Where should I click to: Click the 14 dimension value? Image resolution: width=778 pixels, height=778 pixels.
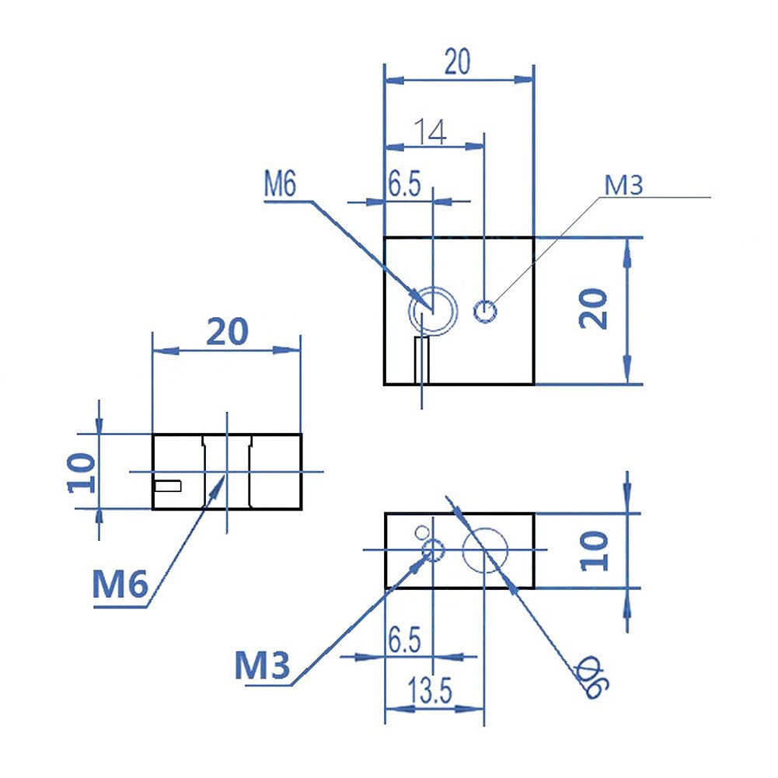click(430, 132)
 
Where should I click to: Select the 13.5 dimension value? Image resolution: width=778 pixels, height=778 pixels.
click(430, 690)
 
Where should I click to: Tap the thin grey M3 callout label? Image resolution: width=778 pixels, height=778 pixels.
click(623, 185)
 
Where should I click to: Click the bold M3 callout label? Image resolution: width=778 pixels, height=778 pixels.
click(262, 665)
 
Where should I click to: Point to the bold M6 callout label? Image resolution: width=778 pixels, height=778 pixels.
click(120, 584)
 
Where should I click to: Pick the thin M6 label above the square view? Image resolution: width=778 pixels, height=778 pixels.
click(280, 183)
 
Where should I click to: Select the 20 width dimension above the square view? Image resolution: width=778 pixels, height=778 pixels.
click(457, 61)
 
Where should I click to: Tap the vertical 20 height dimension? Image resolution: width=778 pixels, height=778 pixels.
click(594, 309)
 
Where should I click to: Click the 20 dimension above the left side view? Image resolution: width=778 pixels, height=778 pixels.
click(227, 331)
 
